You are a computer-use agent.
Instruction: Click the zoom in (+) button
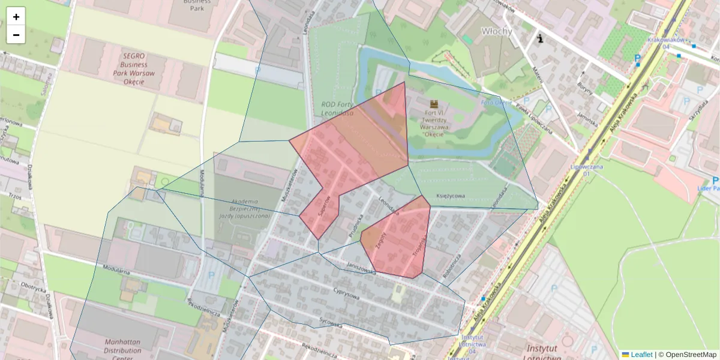pyautogui.click(x=16, y=17)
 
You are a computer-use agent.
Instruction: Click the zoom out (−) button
pyautogui.click(x=16, y=35)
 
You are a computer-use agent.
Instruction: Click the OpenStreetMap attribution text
pyautogui.click(x=687, y=355)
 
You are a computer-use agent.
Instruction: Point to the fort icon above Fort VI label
pyautogui.click(x=434, y=103)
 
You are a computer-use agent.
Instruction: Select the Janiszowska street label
pyautogui.click(x=361, y=268)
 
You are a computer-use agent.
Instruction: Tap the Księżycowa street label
pyautogui.click(x=452, y=196)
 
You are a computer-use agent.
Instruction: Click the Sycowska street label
pyautogui.click(x=331, y=322)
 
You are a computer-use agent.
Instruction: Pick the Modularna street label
pyautogui.click(x=116, y=270)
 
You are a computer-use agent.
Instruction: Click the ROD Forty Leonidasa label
pyautogui.click(x=334, y=109)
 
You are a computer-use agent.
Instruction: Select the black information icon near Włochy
pyautogui.click(x=541, y=39)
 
